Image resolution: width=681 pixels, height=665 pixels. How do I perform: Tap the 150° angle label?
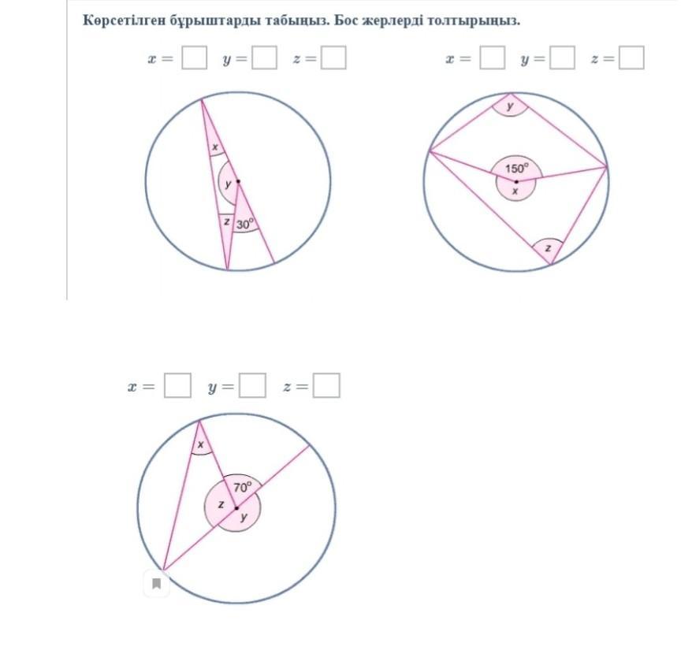click(517, 168)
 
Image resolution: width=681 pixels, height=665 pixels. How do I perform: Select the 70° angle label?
click(242, 487)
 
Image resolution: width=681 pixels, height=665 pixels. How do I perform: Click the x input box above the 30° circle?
click(194, 58)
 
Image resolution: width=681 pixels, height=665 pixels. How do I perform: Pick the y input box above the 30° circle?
click(264, 58)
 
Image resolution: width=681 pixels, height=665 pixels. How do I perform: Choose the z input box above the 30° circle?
click(333, 58)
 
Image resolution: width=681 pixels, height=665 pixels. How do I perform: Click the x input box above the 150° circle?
click(493, 58)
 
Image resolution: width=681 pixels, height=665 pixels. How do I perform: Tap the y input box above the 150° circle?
click(563, 58)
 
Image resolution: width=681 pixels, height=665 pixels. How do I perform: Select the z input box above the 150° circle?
click(631, 58)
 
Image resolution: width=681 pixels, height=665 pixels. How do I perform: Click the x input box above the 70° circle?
click(177, 385)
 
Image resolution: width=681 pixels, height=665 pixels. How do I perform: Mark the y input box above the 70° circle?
click(252, 385)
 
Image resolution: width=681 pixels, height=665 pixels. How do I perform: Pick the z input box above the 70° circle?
click(326, 385)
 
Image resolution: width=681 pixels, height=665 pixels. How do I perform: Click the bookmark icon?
click(157, 583)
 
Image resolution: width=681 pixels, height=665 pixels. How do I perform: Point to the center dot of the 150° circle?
click(516, 181)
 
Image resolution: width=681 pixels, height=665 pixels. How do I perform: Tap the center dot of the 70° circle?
click(236, 508)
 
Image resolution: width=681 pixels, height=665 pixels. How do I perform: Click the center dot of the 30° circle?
click(238, 181)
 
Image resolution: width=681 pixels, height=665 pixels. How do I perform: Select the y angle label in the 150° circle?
click(510, 106)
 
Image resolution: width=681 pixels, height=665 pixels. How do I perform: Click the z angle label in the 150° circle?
click(548, 248)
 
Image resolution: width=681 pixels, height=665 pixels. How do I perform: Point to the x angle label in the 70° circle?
click(201, 444)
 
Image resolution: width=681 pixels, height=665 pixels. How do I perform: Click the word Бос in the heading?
click(345, 20)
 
